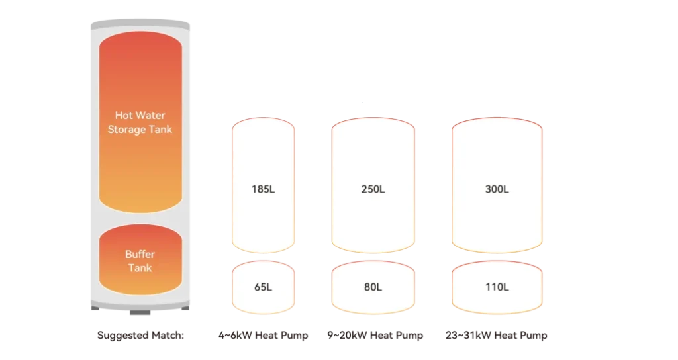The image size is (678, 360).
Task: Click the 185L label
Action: [x=263, y=189]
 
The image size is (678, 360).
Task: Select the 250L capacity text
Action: [x=373, y=189]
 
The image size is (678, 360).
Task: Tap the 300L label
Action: [x=497, y=189]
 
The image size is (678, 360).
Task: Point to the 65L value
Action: [x=263, y=287]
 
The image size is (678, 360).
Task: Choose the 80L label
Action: [x=373, y=287]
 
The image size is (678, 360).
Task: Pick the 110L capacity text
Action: [x=497, y=287]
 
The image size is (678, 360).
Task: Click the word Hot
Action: [x=124, y=116]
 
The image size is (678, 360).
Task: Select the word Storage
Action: [x=126, y=130]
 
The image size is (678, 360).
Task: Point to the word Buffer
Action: [x=140, y=254]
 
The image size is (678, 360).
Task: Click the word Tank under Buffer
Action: [x=140, y=268]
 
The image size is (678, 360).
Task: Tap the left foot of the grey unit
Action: [x=96, y=310]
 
